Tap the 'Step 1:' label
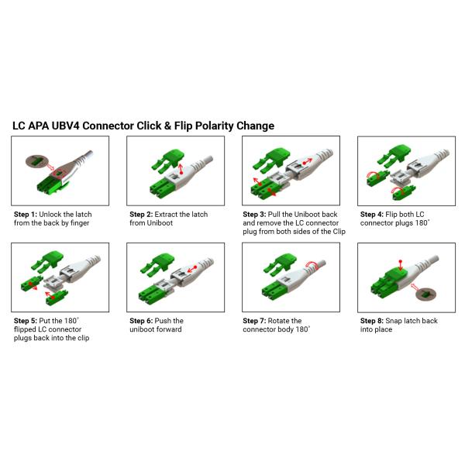pos(26,215)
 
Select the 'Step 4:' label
pos(371,215)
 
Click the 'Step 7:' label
pos(254,321)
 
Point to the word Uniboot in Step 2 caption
pos(160,223)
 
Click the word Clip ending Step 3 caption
pos(339,232)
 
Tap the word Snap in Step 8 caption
pos(394,321)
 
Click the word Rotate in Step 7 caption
pos(278,321)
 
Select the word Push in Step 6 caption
pos(163,321)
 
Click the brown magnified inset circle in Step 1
pos(36,162)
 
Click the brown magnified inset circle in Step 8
pos(425,294)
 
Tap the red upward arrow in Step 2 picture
pos(181,168)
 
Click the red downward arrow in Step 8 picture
pos(401,265)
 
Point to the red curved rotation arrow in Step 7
pos(312,265)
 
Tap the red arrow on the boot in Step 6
pos(192,269)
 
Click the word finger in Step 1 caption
pos(80,223)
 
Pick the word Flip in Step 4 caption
pos(391,215)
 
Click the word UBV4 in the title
pos(66,126)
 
